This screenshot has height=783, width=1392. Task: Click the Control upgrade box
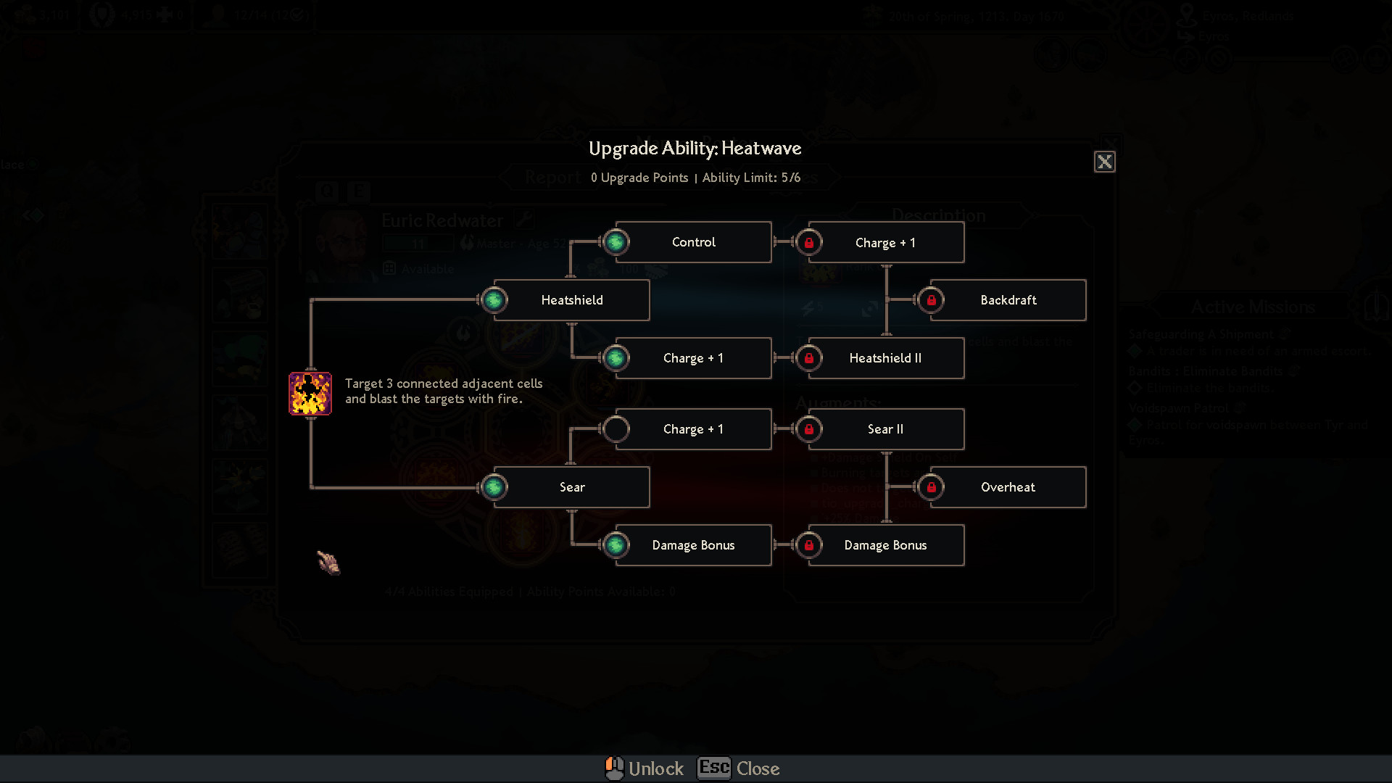coord(693,242)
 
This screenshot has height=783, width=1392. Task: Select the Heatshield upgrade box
coord(571,300)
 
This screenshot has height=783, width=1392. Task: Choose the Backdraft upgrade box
coord(1008,300)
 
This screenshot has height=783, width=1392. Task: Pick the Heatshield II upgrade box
coord(885,358)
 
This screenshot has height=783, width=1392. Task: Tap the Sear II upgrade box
coord(885,429)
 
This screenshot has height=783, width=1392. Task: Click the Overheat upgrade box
coord(1008,487)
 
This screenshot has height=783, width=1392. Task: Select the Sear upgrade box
coord(571,487)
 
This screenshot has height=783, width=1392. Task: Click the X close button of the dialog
coord(1104,162)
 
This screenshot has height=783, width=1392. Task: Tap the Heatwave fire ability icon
coord(310,394)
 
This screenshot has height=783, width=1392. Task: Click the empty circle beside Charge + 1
coord(616,429)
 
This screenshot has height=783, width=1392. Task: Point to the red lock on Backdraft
coord(932,300)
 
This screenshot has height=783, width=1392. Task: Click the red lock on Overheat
coord(932,487)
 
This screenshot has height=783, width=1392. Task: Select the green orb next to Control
coord(616,242)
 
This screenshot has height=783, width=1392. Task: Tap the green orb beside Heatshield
coord(494,300)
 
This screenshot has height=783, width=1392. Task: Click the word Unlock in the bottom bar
coord(655,768)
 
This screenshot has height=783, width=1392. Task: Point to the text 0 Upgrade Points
coord(639,178)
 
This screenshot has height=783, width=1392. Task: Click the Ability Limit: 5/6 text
coord(751,178)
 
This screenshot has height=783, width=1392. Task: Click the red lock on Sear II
coord(809,429)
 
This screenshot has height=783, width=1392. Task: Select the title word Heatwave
coord(761,149)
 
